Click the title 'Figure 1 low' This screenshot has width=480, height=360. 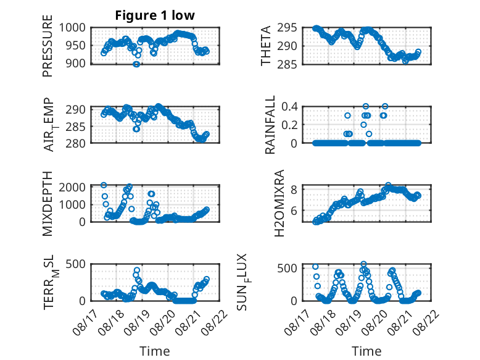[x=155, y=15]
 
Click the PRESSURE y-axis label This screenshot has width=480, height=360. [x=48, y=46]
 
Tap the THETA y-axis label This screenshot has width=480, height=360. [x=266, y=46]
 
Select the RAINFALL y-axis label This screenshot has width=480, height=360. [x=270, y=125]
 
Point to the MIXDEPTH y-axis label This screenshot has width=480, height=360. [x=48, y=203]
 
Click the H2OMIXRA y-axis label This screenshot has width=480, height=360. [x=279, y=203]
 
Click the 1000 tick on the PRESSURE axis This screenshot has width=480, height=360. [x=72, y=28]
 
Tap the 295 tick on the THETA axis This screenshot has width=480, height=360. [x=288, y=28]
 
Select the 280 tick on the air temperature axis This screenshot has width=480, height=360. [x=76, y=143]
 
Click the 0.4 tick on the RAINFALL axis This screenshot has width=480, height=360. [x=289, y=107]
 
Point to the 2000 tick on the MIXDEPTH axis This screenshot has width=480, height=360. [x=72, y=187]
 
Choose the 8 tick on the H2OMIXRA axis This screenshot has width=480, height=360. [x=294, y=190]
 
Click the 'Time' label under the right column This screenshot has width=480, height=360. [x=366, y=351]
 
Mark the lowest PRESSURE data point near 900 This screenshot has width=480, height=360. [x=136, y=64]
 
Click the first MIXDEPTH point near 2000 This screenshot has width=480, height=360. [x=104, y=185]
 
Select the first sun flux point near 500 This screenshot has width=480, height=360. [x=315, y=267]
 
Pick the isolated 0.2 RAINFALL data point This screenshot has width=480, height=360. [x=363, y=125]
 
